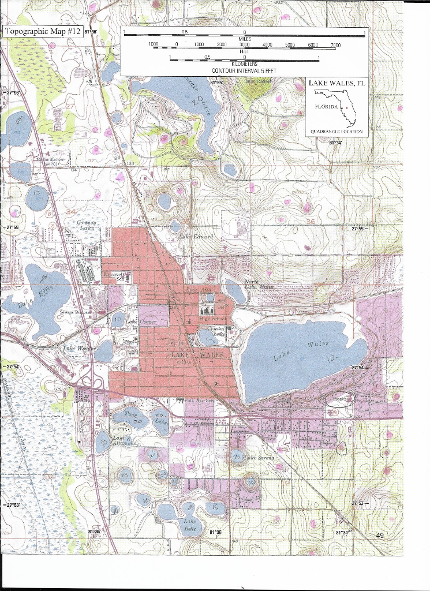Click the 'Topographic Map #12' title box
coord(42,31)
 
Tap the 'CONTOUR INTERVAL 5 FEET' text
coord(244,70)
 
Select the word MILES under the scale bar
coord(245,39)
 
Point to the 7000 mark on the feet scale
coord(335,44)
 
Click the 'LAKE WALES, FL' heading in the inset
coord(336,83)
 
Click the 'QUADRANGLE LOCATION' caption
coord(336,132)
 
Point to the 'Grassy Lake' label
coord(87,225)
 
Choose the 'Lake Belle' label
coord(190,525)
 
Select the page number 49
coord(380,536)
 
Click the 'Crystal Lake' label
coord(216,331)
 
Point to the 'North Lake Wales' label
coord(258,283)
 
